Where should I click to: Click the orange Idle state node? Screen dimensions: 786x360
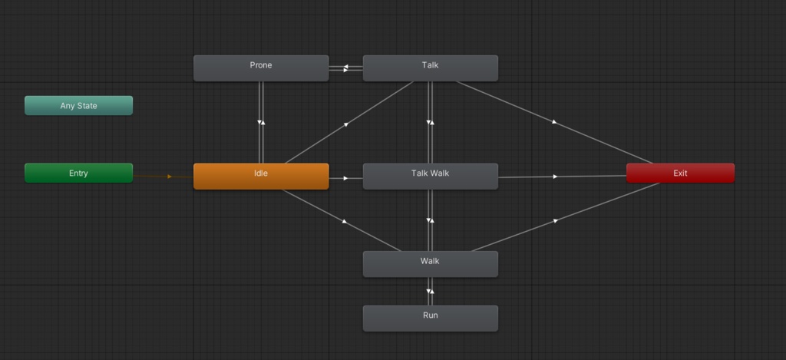tap(261, 176)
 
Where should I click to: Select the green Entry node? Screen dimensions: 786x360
tap(79, 173)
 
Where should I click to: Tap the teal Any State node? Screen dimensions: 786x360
tap(79, 105)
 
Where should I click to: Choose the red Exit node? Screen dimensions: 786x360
tap(680, 173)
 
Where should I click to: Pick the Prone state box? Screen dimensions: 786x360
tap(261, 68)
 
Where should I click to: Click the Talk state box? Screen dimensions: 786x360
tap(430, 68)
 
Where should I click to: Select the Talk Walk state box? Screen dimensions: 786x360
tap(430, 176)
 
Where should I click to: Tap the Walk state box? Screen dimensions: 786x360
tap(430, 264)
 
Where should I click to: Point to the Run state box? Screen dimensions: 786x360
tap(430, 319)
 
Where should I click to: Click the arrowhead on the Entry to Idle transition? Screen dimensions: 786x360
tap(170, 177)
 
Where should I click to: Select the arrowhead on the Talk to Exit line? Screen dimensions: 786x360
tap(554, 122)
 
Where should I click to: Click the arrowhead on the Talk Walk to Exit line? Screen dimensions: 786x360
tap(555, 177)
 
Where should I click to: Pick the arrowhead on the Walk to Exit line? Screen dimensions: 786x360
tap(555, 220)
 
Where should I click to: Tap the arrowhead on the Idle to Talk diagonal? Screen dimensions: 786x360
tap(346, 124)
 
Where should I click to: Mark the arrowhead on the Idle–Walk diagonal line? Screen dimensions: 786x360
tap(345, 221)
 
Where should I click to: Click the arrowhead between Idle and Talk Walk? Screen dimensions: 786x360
tap(346, 178)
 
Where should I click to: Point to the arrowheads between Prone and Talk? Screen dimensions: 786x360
tap(346, 68)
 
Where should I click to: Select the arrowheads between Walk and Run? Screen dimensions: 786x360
tap(430, 292)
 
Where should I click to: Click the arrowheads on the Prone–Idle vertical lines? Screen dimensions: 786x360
tap(261, 122)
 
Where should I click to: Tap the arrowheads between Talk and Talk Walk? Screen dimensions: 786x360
tap(430, 122)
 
